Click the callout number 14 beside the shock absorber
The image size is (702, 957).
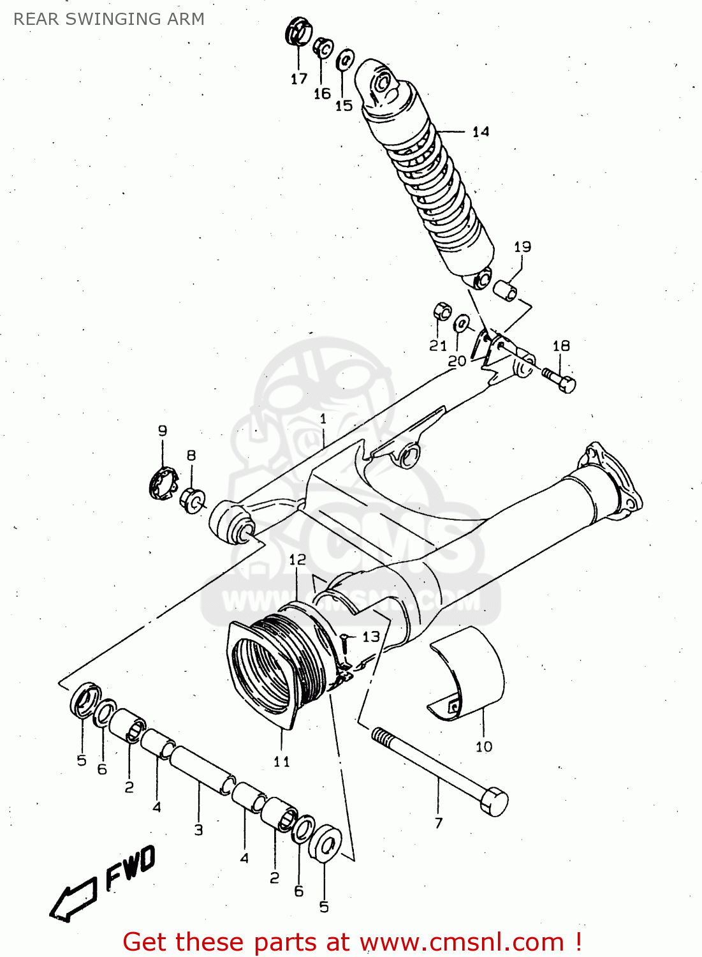(x=481, y=131)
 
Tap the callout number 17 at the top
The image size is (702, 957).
(x=298, y=79)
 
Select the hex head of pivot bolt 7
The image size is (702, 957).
(x=495, y=802)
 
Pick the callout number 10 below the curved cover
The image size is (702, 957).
(x=484, y=746)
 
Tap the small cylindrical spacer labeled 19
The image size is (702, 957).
(x=506, y=289)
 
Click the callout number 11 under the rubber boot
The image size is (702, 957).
(x=281, y=761)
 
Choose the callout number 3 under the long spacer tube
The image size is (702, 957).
(x=198, y=830)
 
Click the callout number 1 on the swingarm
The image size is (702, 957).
(x=323, y=419)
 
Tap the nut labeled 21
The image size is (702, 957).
(x=442, y=311)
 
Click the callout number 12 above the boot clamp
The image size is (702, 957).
(x=297, y=560)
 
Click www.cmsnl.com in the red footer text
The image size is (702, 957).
(x=462, y=942)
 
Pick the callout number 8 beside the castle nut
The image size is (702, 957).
(x=191, y=456)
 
